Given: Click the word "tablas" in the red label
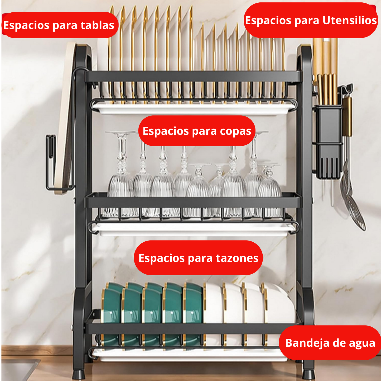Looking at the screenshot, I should pyautogui.click(x=97, y=25).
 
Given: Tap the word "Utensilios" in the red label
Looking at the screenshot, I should pyautogui.click(x=349, y=21).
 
